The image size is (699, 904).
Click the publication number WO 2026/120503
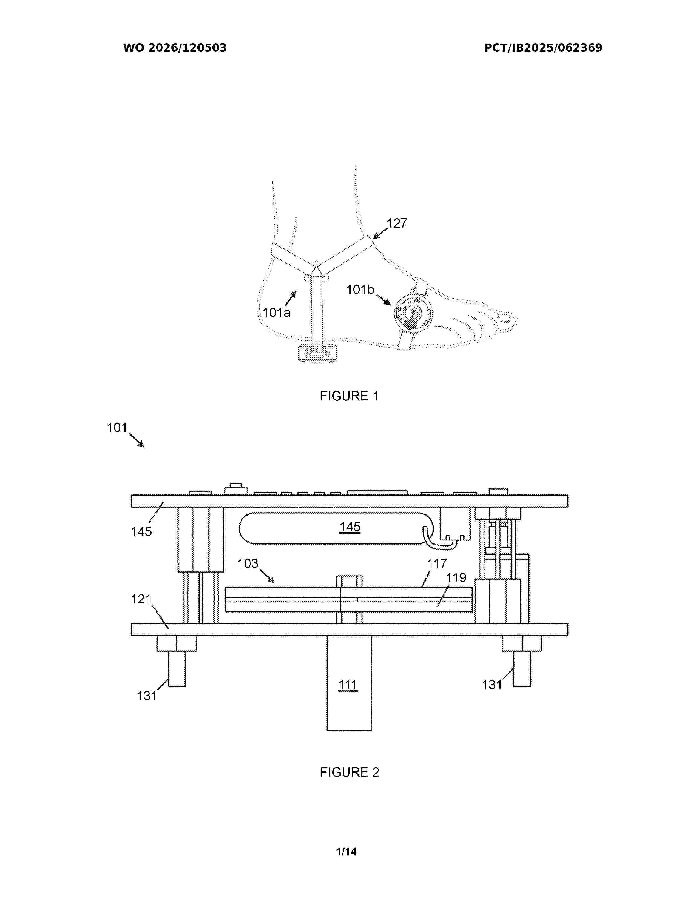click(x=175, y=48)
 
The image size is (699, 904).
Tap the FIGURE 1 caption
click(x=349, y=396)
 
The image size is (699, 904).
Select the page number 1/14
click(x=346, y=851)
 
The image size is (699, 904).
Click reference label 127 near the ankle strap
click(x=397, y=224)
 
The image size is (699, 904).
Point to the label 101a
click(x=277, y=313)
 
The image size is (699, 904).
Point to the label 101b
click(x=360, y=290)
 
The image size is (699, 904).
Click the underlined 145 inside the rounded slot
click(x=350, y=527)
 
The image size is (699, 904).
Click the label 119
click(x=456, y=577)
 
